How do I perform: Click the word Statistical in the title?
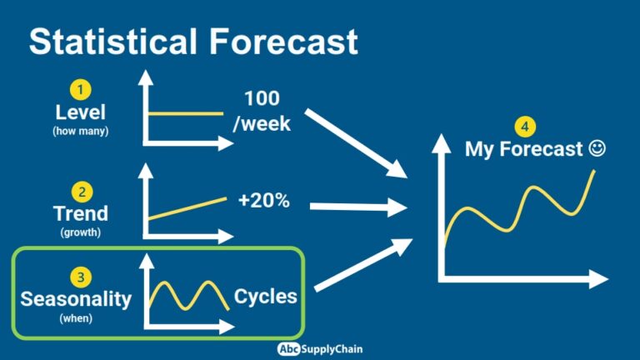pos(112,42)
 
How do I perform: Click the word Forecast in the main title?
pos(278,42)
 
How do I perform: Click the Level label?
pos(81,112)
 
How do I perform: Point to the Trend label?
pos(81,214)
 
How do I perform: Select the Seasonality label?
pos(76,298)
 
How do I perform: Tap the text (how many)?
pos(81,131)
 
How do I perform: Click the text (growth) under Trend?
pos(81,232)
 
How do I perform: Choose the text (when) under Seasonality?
pos(76,317)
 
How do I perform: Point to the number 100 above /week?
pos(262,97)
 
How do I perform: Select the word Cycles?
pos(266,297)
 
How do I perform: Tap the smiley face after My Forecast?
pos(597,149)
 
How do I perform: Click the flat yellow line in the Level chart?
pos(186,114)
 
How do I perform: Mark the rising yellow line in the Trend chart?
pos(187,208)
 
